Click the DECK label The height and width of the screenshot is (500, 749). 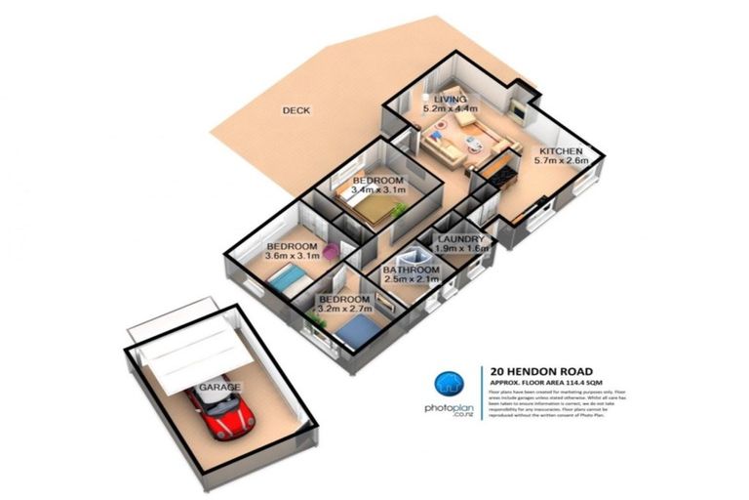[296, 110]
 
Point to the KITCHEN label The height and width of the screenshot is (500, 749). [561, 151]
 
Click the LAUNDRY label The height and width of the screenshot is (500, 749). [461, 238]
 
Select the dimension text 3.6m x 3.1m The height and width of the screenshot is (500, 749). [293, 257]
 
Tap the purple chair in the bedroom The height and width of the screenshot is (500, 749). [334, 251]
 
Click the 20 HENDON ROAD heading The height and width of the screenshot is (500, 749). [537, 371]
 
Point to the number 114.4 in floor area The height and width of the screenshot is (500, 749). [577, 383]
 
